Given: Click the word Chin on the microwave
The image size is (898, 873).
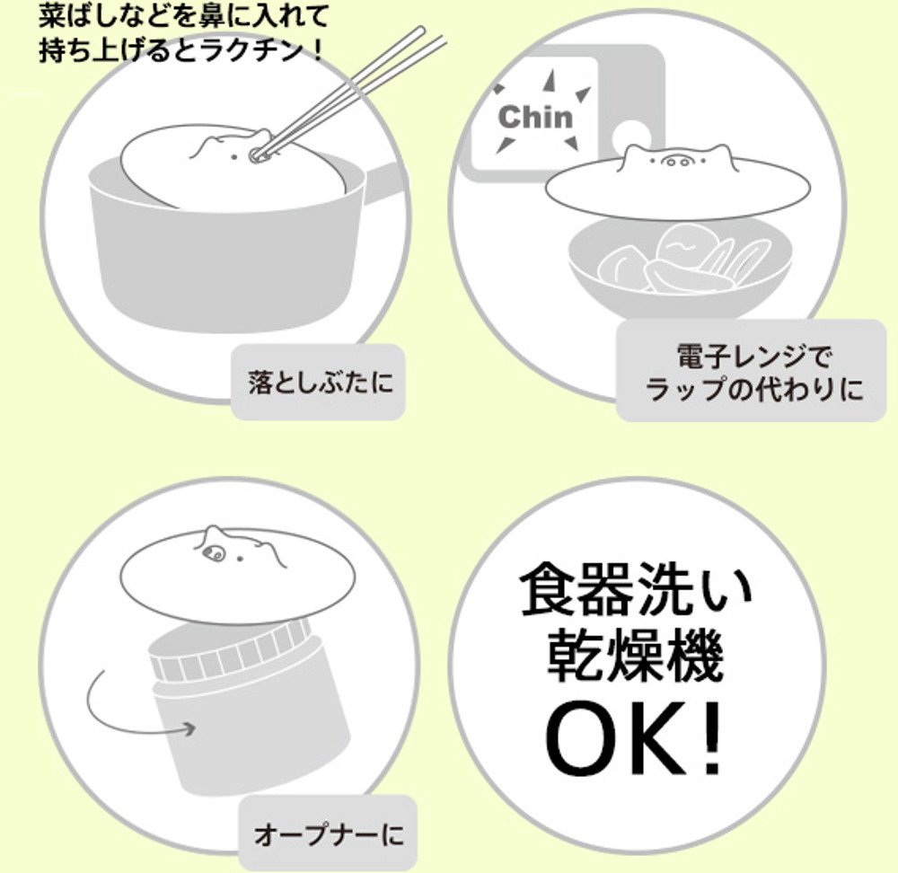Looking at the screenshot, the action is coord(535,118).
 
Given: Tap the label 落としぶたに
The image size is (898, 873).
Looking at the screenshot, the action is coord(321,382).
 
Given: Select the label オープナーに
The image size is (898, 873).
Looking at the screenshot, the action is coord(329,834).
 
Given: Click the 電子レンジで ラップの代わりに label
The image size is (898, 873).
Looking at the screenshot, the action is coord(753,373).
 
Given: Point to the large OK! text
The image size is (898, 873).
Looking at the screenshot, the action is coord(634,743).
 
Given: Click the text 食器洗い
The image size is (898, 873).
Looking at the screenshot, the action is coord(635,589).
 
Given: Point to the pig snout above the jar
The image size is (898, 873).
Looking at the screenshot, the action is coord(213,552).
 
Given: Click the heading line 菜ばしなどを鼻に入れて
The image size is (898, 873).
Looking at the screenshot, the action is coord(184,17).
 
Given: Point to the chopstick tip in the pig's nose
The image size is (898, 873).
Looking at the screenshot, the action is coord(254,154).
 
